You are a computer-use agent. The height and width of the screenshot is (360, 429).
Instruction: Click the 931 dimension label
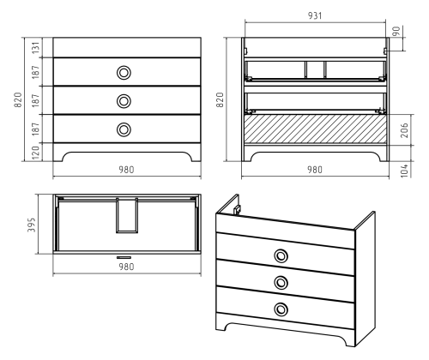tap(315, 15)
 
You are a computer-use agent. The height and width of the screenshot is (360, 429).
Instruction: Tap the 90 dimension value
tap(396, 31)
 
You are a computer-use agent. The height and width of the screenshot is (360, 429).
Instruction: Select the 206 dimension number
tap(404, 130)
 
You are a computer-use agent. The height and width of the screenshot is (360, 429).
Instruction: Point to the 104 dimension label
tap(404, 171)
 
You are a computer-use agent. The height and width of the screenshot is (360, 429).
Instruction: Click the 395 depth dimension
tap(32, 225)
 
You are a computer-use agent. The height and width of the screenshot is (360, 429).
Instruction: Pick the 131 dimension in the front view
tap(36, 47)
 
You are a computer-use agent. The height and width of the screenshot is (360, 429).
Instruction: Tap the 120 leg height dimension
tap(36, 153)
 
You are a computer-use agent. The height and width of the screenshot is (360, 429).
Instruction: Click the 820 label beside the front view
tap(18, 99)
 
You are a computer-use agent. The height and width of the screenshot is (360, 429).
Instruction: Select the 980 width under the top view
tap(126, 267)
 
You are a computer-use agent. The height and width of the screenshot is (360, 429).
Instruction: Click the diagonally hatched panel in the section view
tap(315, 129)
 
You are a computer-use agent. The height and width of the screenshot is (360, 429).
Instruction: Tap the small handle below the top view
tap(124, 257)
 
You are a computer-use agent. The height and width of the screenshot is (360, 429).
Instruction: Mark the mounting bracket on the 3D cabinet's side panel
tap(237, 209)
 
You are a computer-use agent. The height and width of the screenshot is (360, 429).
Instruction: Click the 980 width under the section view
tap(315, 170)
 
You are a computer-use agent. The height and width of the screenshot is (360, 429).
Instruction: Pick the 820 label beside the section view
tap(220, 99)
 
